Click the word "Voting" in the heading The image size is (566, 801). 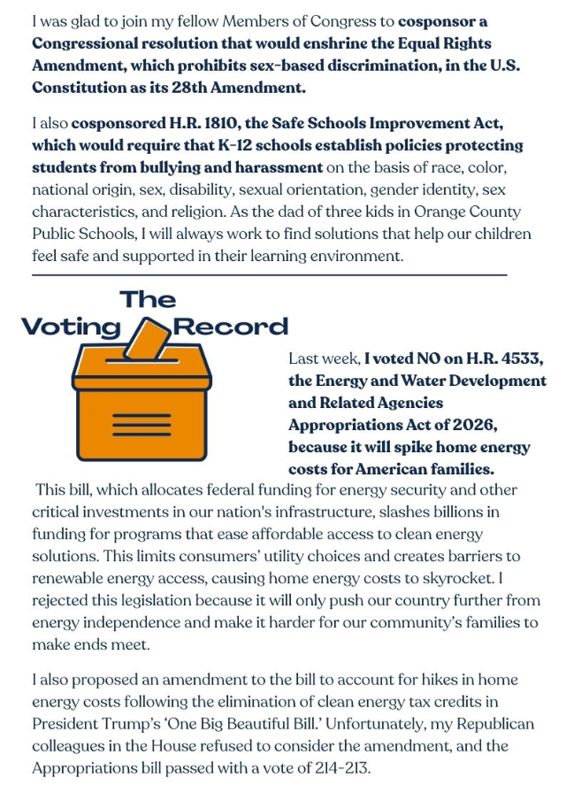click(x=71, y=327)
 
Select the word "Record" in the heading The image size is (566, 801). click(x=231, y=327)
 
